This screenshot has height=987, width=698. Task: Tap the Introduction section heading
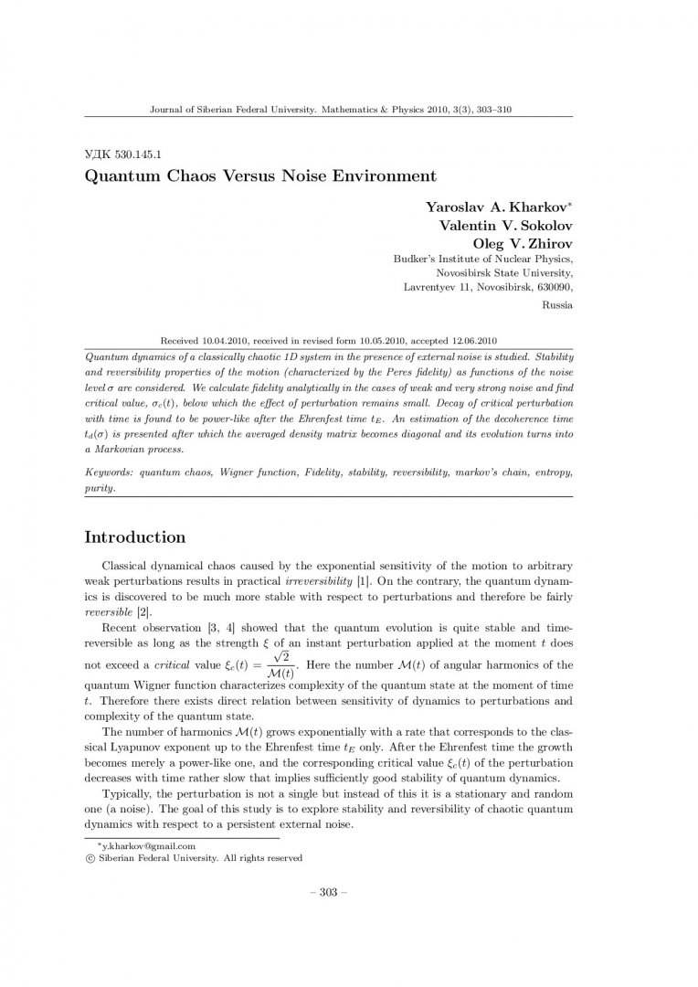pyautogui.click(x=134, y=536)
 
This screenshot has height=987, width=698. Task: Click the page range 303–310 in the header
pyautogui.click(x=491, y=110)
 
